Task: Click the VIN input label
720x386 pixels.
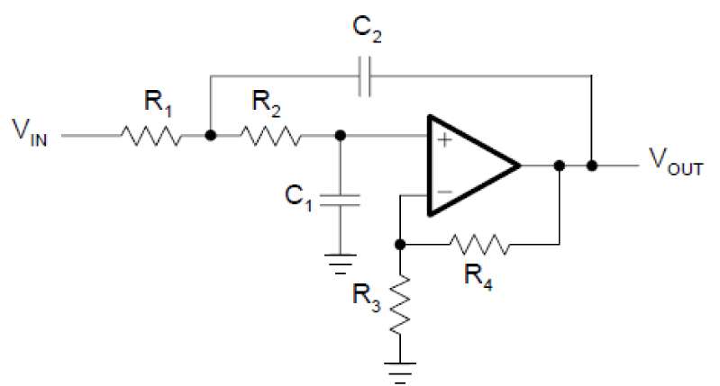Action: [30, 132]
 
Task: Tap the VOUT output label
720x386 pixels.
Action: [676, 162]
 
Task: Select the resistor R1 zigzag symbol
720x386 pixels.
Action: [151, 136]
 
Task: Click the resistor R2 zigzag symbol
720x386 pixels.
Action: [270, 136]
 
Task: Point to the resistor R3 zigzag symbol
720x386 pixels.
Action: [400, 304]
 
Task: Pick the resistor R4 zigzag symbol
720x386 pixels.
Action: [479, 245]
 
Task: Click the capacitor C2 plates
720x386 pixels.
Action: [365, 76]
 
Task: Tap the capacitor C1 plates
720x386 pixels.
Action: [341, 200]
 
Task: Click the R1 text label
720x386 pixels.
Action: [158, 103]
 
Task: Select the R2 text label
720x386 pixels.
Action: [266, 103]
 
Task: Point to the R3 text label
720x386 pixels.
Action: [367, 297]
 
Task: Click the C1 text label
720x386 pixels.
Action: [298, 197]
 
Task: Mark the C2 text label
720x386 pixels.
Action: [367, 29]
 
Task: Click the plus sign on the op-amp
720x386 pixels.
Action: [444, 139]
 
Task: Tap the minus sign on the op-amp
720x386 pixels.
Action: [444, 192]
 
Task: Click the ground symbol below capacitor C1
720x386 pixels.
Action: [341, 264]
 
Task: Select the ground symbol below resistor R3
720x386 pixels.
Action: [400, 373]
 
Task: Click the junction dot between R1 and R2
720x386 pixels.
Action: [210, 136]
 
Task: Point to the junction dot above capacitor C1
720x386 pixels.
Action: [341, 136]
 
